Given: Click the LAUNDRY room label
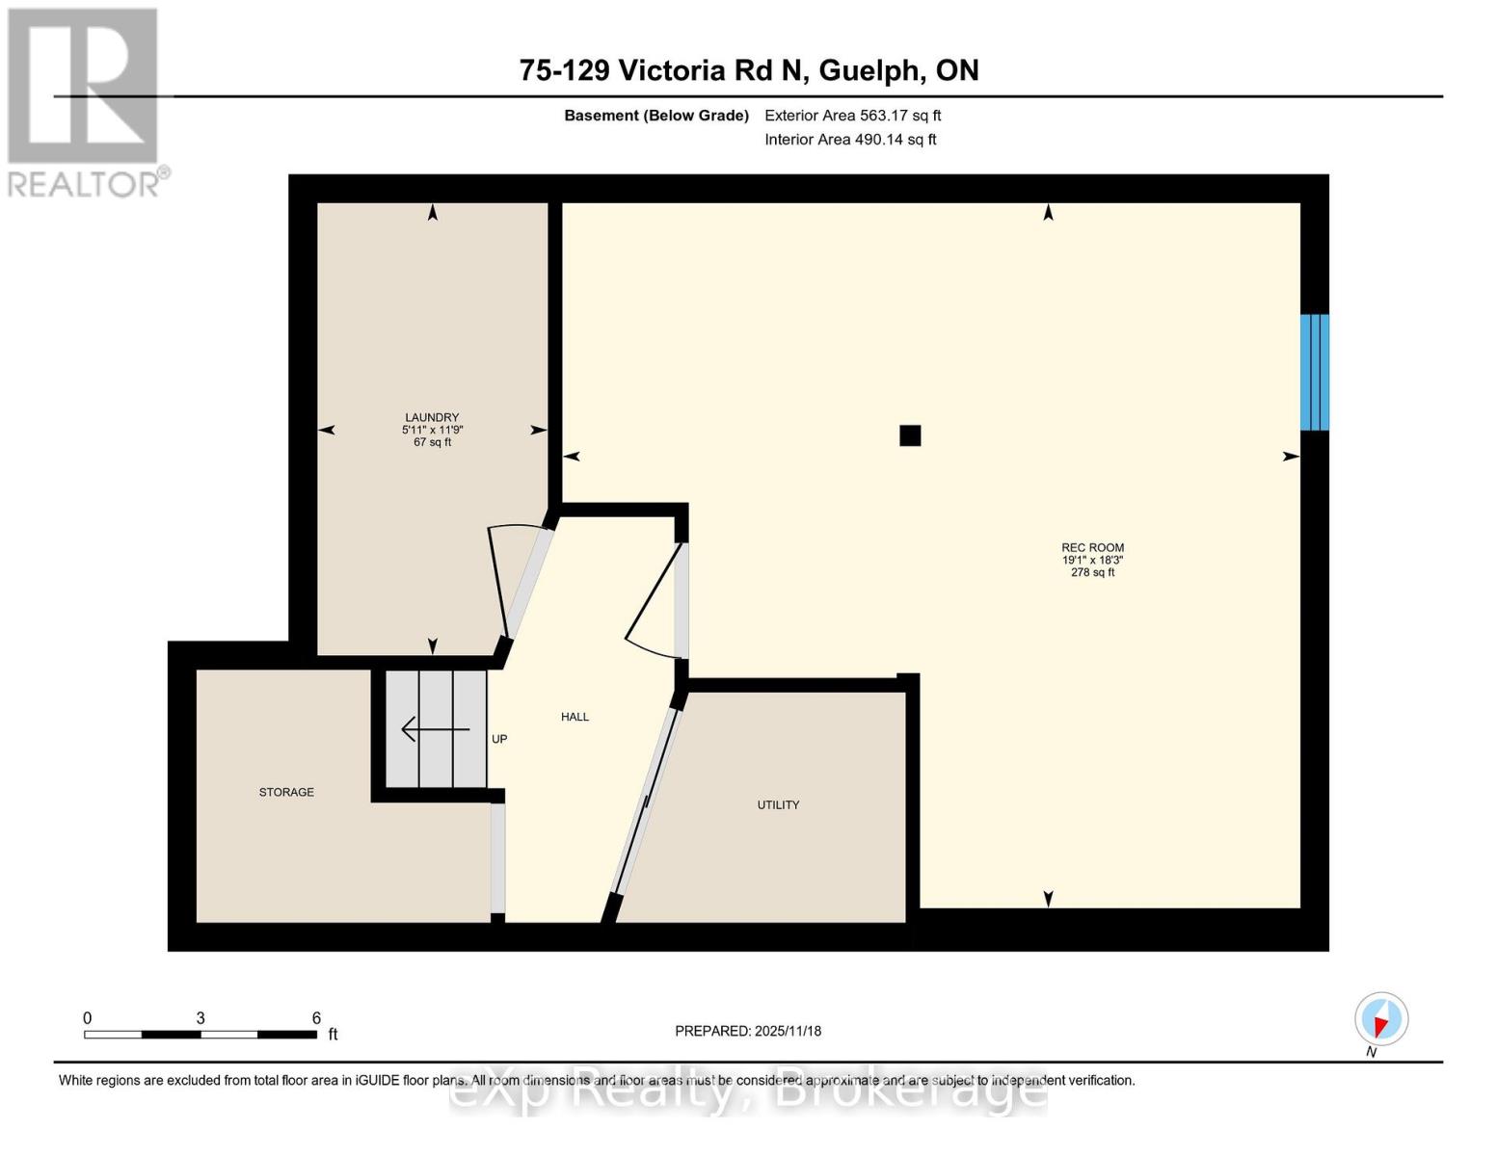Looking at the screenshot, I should tap(432, 418).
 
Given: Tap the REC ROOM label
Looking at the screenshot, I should tap(1092, 548).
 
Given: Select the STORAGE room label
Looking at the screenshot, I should tap(286, 792).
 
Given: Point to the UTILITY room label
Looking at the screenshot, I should tap(778, 804).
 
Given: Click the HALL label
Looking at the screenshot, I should tap(575, 717).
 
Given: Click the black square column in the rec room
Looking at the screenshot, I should tap(910, 435).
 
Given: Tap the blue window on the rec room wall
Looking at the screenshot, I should tap(1314, 372).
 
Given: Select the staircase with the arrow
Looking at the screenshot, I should tap(436, 729).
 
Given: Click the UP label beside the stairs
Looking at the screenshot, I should tap(499, 739).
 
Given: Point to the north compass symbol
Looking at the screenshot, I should tap(1380, 1019).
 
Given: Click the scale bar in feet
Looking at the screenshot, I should tap(200, 1035).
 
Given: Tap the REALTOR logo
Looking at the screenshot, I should tap(85, 101).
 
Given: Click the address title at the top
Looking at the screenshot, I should tap(748, 70).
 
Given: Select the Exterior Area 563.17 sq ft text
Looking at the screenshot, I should tap(852, 116).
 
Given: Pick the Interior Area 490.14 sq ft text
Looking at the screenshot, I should tap(850, 140).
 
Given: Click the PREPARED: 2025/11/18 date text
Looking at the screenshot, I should tap(748, 1031).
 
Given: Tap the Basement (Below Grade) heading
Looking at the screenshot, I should tap(656, 116).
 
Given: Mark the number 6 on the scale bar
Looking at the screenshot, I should tap(316, 1018).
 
